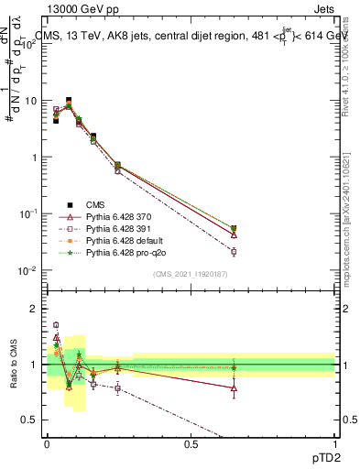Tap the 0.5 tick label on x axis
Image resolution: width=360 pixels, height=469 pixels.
tap(191, 443)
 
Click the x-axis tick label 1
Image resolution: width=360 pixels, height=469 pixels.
tap(334, 443)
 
